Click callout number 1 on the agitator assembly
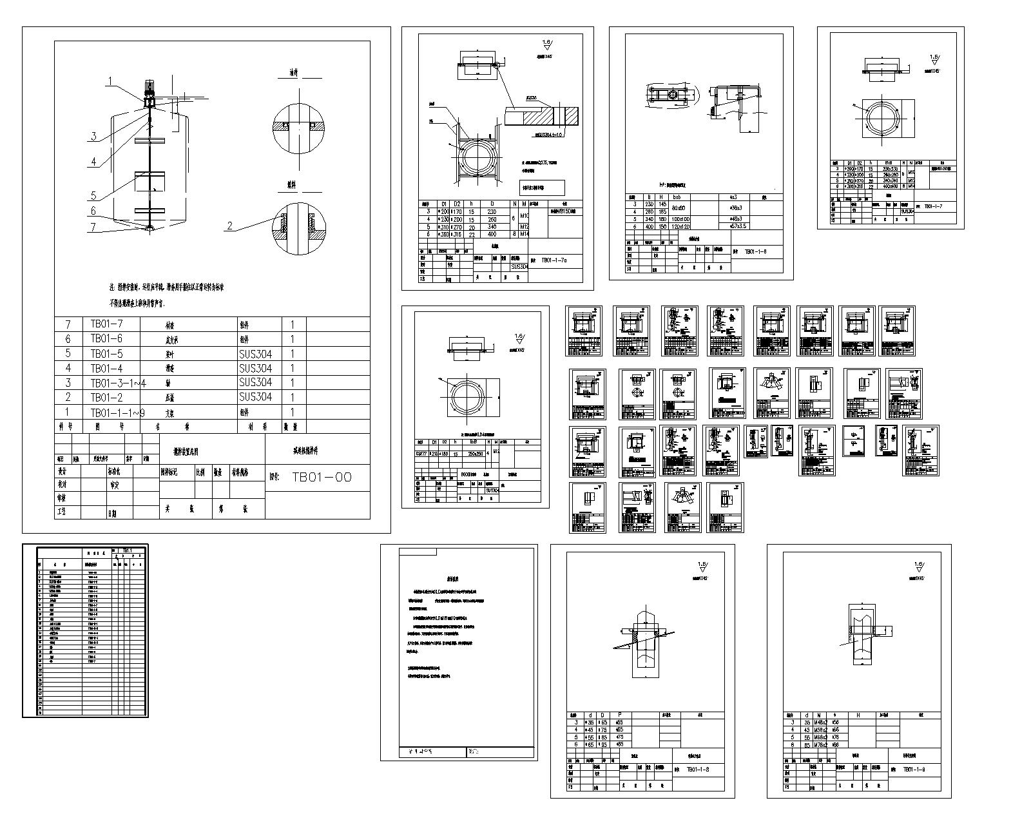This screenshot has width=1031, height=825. point(110,81)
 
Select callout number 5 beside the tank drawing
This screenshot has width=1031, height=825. point(93,195)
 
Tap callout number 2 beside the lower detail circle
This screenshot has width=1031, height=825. point(229,225)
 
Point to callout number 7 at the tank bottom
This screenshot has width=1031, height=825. point(93,226)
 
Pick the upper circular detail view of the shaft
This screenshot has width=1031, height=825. point(298,125)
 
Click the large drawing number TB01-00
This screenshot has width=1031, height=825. point(322,477)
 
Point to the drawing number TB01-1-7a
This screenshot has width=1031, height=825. point(554,260)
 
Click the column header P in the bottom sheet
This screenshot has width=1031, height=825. point(620,715)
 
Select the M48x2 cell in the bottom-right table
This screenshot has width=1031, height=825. point(827,723)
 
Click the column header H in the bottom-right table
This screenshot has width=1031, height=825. point(858,715)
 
